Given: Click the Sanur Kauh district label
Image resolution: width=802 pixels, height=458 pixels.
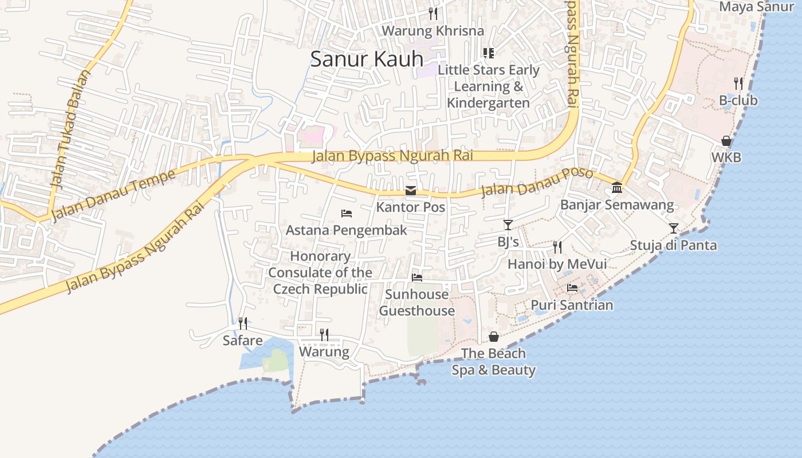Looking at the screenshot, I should click(x=367, y=59).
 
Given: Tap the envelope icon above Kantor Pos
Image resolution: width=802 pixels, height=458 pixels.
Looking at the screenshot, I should click(x=411, y=191).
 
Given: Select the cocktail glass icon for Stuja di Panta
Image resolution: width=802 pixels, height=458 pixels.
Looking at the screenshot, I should click(x=674, y=228).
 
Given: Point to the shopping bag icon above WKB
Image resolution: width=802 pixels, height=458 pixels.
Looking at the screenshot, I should click(x=726, y=141).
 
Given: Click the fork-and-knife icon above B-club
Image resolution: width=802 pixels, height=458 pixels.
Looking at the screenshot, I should click(x=738, y=84).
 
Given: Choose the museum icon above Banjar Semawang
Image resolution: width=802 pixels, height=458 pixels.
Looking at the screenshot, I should click(x=617, y=187).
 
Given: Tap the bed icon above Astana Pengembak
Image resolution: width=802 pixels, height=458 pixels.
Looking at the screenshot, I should click(x=347, y=214).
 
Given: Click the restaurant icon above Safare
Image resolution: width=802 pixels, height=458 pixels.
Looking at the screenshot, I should click(x=243, y=323).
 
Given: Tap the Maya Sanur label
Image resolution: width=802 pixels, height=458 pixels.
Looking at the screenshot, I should click(x=756, y=7).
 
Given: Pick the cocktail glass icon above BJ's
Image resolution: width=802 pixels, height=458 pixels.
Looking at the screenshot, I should click(x=508, y=225).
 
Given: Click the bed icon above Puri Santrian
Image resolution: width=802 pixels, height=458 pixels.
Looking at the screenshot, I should click(x=572, y=288).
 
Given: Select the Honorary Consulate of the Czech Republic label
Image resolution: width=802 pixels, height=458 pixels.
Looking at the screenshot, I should click(x=320, y=273).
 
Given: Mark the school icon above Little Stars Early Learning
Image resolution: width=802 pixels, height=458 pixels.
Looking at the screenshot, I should click(x=489, y=53).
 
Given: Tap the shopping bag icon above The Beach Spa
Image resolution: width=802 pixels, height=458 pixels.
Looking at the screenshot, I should click(x=494, y=337).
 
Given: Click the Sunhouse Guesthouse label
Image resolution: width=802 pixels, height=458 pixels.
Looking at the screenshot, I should click(x=417, y=302).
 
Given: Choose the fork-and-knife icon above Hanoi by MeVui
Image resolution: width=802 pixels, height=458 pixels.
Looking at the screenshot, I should click(x=557, y=247).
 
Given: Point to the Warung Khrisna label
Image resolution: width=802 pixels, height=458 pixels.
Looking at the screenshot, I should click(x=433, y=30).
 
